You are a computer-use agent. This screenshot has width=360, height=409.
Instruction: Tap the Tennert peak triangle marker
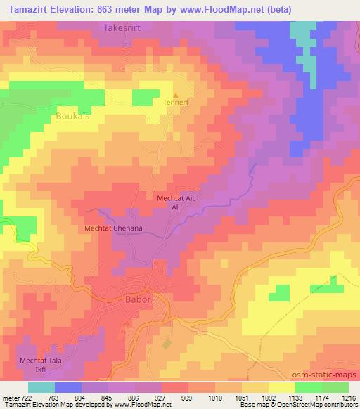(x=176, y=94)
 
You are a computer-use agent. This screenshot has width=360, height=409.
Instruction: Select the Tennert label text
(x=176, y=102)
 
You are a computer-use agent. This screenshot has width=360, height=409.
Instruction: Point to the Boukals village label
(x=72, y=117)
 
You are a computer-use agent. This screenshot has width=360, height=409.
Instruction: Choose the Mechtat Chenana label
(x=113, y=228)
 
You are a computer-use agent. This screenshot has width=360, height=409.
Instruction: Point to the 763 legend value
(x=53, y=397)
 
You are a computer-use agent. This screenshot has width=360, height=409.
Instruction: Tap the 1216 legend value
(x=349, y=397)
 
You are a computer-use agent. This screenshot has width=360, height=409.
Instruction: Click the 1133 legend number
(x=295, y=397)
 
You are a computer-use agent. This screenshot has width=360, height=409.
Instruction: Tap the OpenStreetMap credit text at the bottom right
(x=328, y=405)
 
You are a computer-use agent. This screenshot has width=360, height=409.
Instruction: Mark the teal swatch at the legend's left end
(x=41, y=387)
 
